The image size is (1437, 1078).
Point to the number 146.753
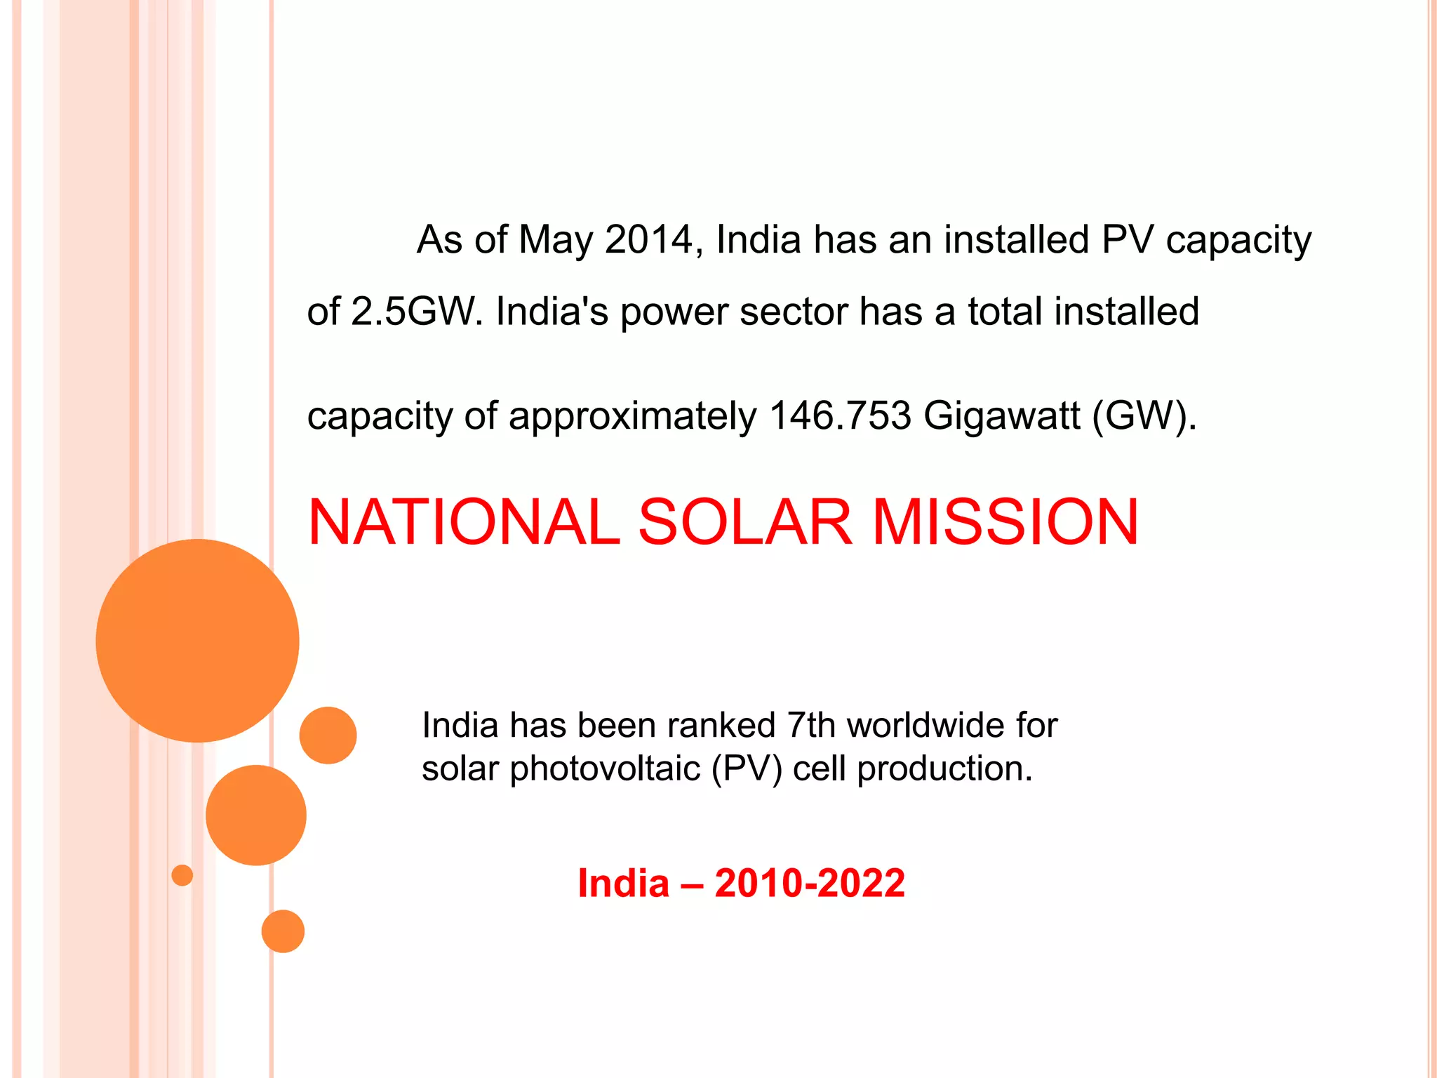pos(840,415)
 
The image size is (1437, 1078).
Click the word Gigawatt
pos(1001,415)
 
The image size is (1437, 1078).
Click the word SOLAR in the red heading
pos(745,522)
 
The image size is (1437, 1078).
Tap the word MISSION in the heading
pos(1005,522)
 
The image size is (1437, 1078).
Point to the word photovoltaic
pos(605,768)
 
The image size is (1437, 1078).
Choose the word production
pos(945,768)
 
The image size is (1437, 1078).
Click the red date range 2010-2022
pos(810,883)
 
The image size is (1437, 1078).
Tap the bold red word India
pos(623,883)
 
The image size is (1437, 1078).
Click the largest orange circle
pos(197,641)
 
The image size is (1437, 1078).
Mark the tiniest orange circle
pos(182,875)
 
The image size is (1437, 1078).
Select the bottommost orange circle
pos(283,931)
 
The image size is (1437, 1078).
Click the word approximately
pos(632,415)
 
